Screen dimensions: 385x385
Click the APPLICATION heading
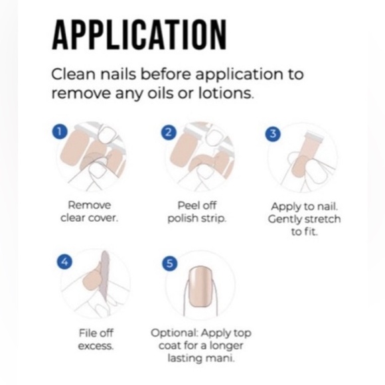[139, 35]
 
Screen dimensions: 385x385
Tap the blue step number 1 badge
[60, 132]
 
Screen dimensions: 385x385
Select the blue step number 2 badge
[169, 133]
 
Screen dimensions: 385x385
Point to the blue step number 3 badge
[273, 134]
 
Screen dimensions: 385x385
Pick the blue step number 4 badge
[64, 262]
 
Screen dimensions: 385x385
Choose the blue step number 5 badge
[170, 264]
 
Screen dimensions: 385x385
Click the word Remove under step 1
[90, 205]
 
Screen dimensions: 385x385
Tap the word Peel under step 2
[187, 206]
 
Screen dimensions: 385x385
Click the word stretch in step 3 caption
[322, 219]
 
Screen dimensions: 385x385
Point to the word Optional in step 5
[174, 333]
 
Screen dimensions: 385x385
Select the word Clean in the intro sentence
[73, 74]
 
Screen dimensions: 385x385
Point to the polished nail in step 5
[200, 287]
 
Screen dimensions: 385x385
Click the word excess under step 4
[96, 346]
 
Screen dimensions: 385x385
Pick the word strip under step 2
[213, 218]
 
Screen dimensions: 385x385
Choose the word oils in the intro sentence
[161, 93]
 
